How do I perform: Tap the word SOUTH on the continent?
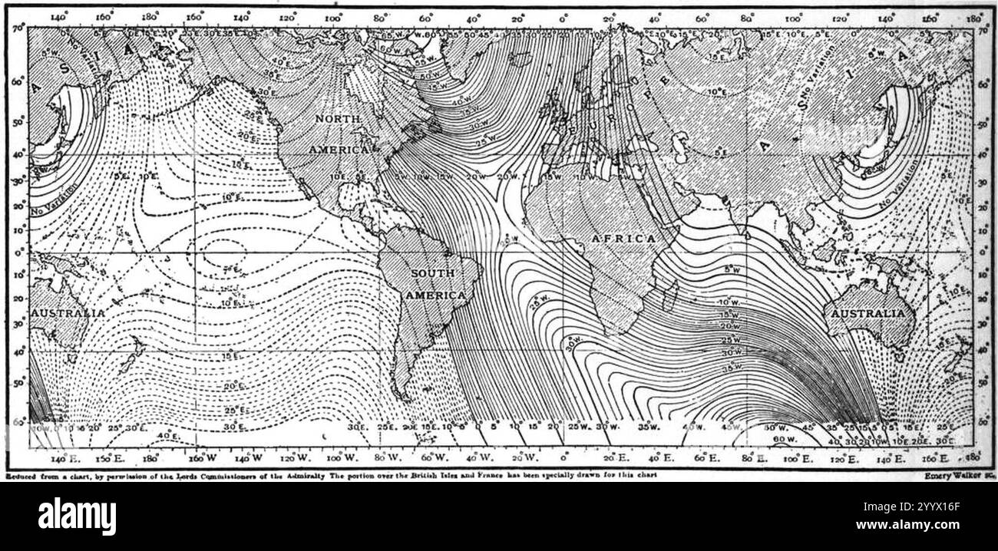[432, 273]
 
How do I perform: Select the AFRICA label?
[623, 239]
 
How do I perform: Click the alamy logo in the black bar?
[77, 516]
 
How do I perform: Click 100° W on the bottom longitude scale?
[334, 458]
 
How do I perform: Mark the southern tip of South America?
[405, 396]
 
